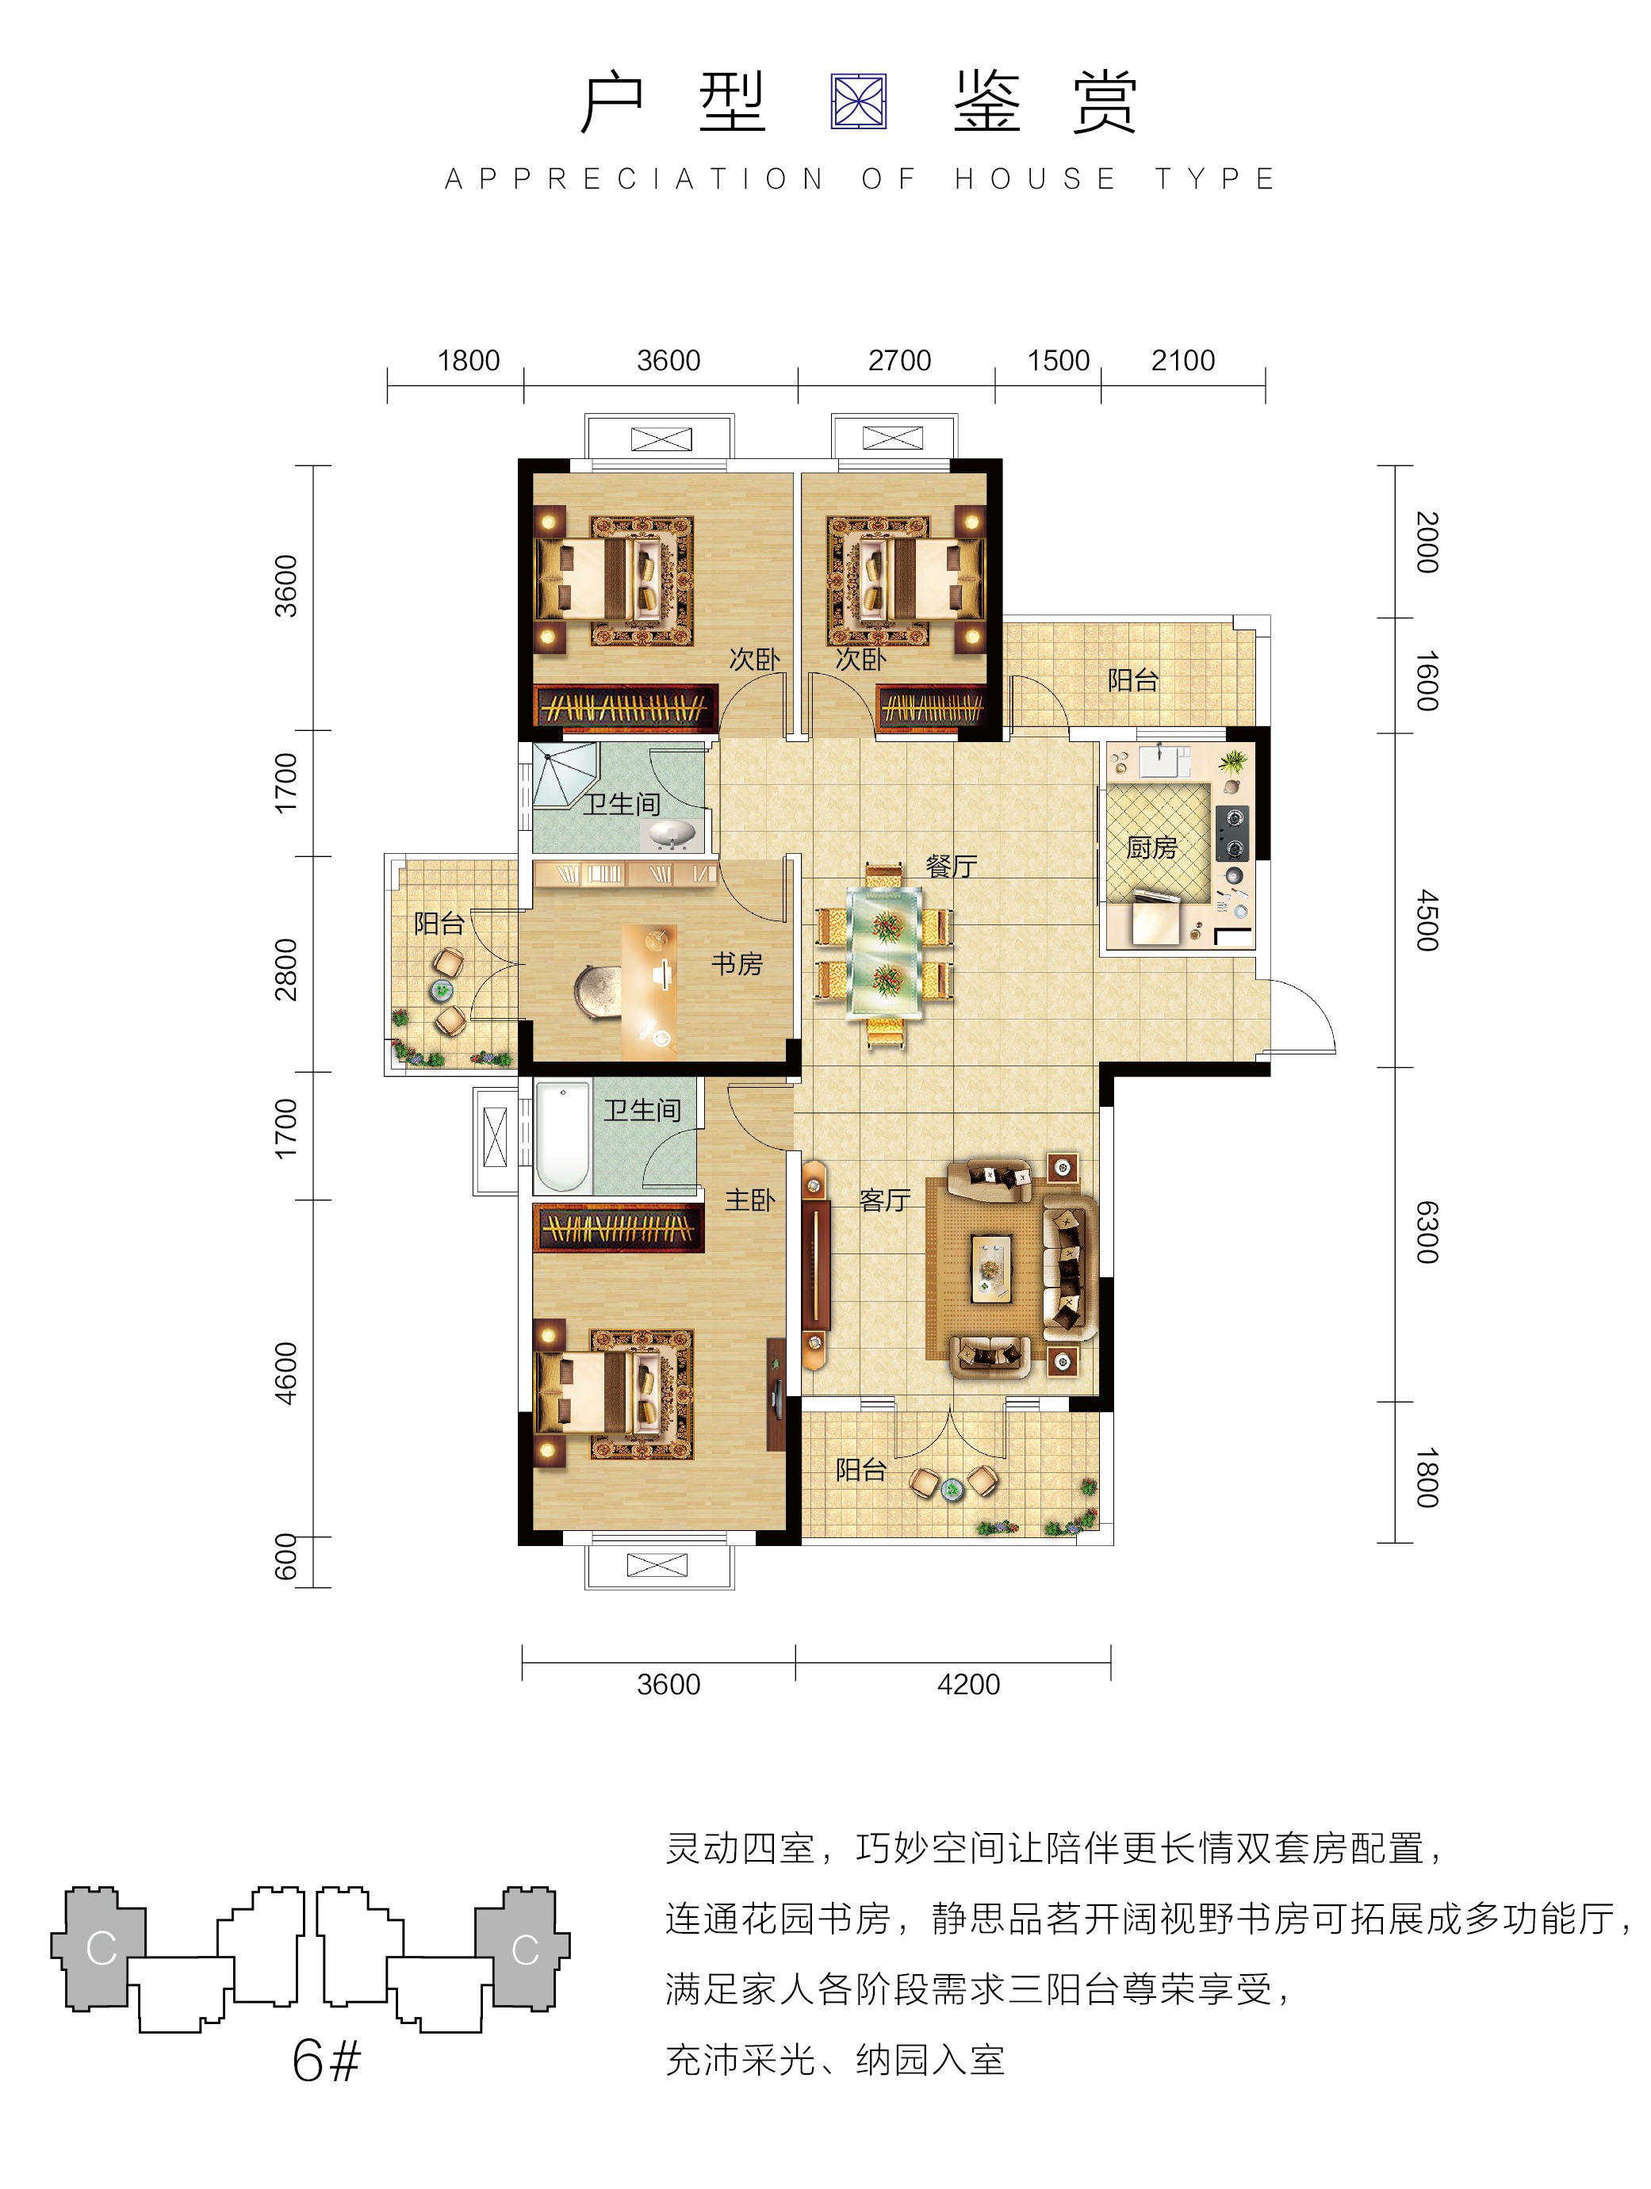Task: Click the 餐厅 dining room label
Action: [x=952, y=867]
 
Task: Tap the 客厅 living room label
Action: [x=884, y=1200]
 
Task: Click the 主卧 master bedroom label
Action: [x=749, y=1200]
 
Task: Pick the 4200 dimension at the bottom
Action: [x=968, y=1684]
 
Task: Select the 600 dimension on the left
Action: [x=285, y=1556]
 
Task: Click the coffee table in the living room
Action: [x=990, y=1268]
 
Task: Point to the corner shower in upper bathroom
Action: [x=564, y=776]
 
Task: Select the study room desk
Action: [x=649, y=992]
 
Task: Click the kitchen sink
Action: [x=1165, y=761]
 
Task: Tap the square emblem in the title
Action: [x=858, y=102]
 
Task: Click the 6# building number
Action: [x=326, y=2061]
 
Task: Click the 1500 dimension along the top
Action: [x=1058, y=360]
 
